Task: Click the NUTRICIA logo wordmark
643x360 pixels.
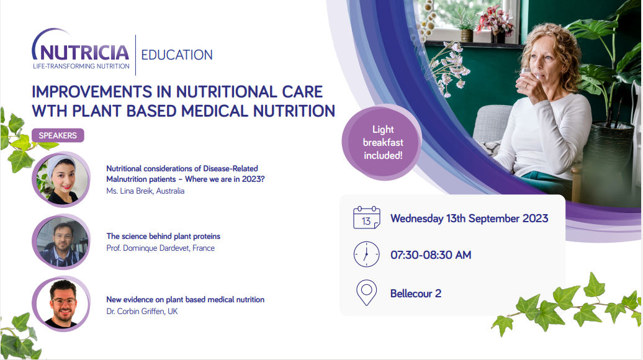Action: click(81, 52)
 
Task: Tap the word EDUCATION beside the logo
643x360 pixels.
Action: click(177, 55)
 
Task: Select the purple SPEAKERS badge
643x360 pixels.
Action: click(58, 135)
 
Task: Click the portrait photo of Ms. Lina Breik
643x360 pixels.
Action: click(61, 179)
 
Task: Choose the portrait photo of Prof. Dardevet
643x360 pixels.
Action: click(61, 242)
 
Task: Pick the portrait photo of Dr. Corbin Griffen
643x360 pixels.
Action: click(61, 304)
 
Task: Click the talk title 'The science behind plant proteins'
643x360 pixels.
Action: click(163, 236)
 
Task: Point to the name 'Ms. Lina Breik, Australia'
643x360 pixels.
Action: click(145, 191)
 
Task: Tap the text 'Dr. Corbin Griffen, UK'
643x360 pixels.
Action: click(142, 311)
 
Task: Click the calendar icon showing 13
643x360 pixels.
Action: click(367, 218)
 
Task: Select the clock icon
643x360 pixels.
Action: click(367, 254)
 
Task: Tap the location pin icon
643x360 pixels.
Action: click(367, 293)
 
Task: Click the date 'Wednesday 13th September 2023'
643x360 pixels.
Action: click(469, 218)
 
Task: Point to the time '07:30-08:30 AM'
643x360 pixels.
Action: click(431, 255)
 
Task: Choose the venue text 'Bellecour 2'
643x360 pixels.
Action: click(416, 294)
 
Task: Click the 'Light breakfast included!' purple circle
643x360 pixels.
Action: click(382, 142)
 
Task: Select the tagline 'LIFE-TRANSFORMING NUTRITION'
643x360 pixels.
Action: click(81, 66)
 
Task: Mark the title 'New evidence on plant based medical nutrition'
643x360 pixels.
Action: click(186, 300)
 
